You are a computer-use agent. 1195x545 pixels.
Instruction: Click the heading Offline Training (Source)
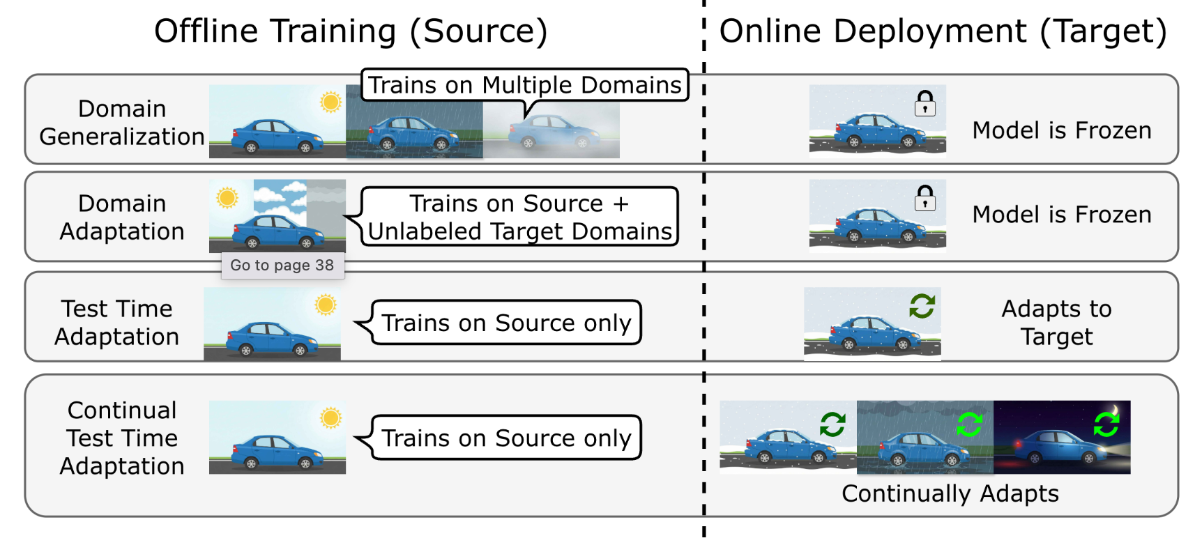point(351,31)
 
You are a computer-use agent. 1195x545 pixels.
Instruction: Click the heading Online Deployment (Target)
point(943,31)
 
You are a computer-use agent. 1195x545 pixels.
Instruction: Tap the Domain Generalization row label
point(122,123)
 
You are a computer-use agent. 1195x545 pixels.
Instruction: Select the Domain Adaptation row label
point(122,217)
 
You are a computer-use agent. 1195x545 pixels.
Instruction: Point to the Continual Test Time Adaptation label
point(122,438)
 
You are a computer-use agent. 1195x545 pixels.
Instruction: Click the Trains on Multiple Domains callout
point(524,85)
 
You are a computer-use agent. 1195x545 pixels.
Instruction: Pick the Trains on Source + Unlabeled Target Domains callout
point(519,217)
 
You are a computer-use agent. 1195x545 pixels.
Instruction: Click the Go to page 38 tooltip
point(282,266)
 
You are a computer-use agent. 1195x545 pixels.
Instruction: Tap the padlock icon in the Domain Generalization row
point(925,104)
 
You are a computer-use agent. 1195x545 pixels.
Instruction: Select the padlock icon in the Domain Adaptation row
point(925,199)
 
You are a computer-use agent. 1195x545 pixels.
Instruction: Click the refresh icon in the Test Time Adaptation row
point(922,305)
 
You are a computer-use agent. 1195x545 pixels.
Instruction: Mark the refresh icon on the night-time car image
point(1106,424)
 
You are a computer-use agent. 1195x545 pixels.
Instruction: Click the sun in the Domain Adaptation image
point(227,198)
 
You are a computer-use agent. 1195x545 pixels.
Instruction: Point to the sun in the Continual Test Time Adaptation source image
point(330,418)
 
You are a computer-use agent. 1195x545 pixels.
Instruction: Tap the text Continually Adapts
point(950,493)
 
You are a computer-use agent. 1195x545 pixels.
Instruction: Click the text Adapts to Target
point(1056,323)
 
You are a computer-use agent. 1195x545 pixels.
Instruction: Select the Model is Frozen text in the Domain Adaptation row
point(1062,215)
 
